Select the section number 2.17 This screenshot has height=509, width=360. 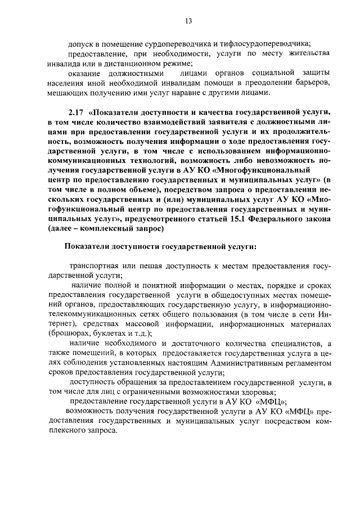(x=76, y=111)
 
